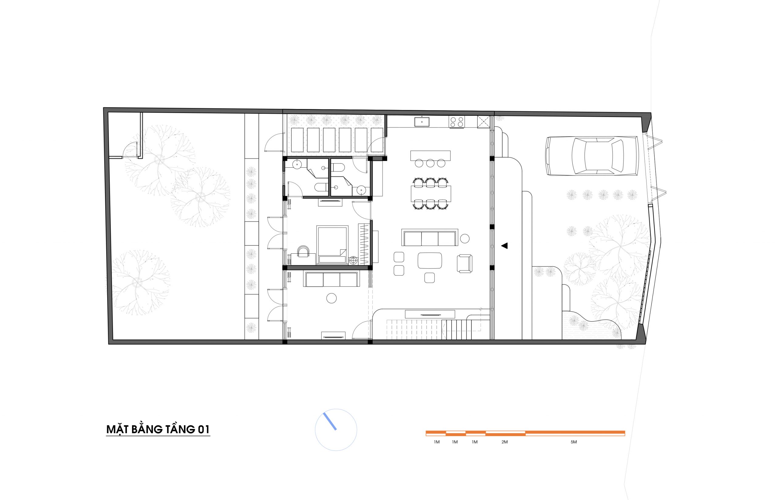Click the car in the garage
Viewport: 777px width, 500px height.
click(592, 156)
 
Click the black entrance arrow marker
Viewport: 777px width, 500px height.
click(504, 246)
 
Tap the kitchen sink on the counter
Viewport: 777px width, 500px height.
click(422, 122)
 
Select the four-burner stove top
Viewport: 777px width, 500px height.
click(456, 122)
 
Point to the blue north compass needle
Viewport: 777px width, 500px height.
click(330, 421)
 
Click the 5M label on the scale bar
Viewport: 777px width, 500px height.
click(574, 442)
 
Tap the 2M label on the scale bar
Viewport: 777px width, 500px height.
click(504, 442)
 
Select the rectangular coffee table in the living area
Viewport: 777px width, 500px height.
click(430, 260)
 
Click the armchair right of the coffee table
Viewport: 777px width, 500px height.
click(465, 263)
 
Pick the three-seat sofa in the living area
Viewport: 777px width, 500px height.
click(429, 238)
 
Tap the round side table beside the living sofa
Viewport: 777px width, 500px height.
click(465, 239)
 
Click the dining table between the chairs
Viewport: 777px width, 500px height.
click(430, 193)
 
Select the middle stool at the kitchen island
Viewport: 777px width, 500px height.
click(430, 163)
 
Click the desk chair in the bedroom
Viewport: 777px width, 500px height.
click(304, 251)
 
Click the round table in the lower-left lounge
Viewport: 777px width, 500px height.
click(331, 298)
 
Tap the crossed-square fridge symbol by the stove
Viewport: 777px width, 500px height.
click(483, 122)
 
